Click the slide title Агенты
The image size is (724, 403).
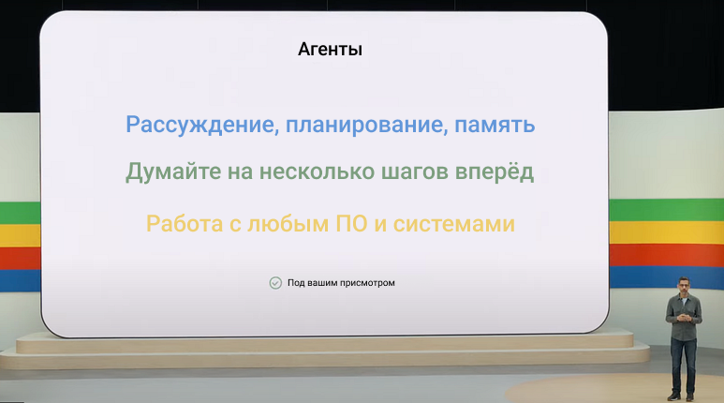click(x=330, y=50)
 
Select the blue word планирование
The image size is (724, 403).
click(x=360, y=125)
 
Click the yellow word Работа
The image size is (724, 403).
click(x=185, y=224)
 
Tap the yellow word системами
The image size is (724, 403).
click(x=455, y=224)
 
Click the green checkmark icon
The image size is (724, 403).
click(x=275, y=282)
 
